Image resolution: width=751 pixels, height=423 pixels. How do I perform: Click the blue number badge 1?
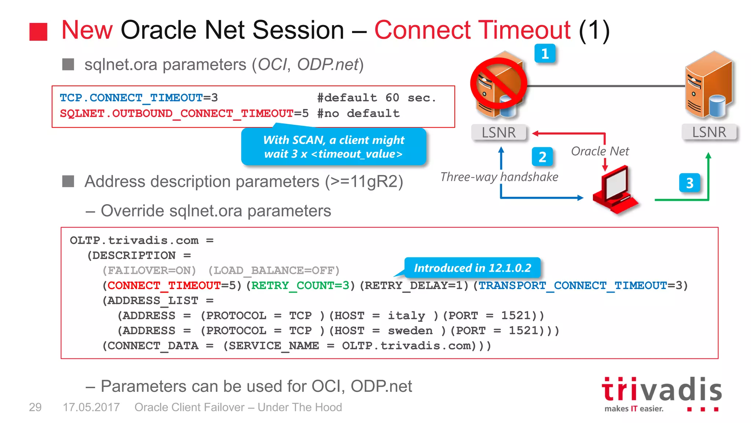point(545,54)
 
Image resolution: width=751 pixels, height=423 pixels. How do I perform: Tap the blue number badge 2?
point(542,157)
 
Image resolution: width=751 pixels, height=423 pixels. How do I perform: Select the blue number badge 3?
point(689,183)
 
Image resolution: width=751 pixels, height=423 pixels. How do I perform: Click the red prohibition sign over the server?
point(498,84)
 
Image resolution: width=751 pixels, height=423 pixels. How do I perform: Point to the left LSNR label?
point(498,133)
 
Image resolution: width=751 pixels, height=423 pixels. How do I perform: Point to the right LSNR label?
point(709,132)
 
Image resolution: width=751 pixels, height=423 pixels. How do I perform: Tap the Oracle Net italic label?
point(600,151)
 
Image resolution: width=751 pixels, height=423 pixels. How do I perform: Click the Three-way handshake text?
point(499,177)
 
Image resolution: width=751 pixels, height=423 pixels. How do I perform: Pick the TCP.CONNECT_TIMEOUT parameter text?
point(131,98)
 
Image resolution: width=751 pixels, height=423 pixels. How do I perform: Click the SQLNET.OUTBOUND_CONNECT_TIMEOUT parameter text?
point(176,113)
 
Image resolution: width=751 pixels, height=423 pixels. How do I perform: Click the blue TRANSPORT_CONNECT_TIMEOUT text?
point(572,285)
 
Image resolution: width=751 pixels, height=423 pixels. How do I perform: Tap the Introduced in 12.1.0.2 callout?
point(472,268)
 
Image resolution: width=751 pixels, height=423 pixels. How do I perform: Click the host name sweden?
point(410,331)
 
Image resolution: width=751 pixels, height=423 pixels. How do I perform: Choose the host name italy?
point(406,316)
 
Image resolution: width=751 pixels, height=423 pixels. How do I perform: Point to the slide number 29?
point(35,407)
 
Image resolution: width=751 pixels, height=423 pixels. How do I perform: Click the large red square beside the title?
point(39,32)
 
